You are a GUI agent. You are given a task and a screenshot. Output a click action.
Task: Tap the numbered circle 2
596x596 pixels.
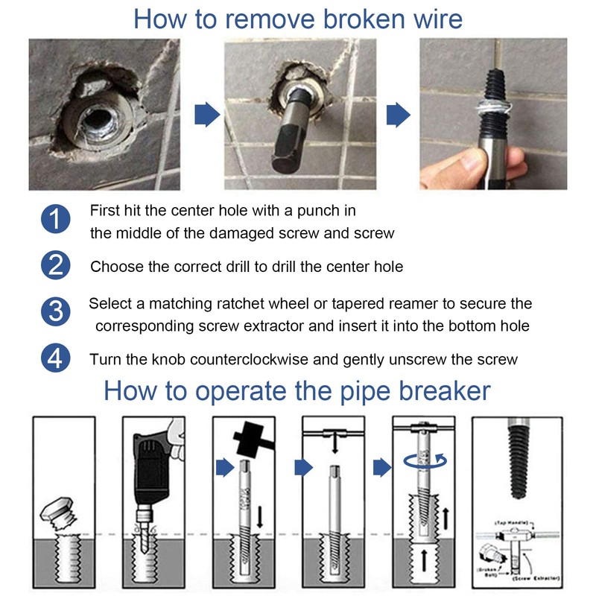(x=55, y=265)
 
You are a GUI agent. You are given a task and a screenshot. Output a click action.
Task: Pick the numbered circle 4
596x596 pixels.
(x=55, y=358)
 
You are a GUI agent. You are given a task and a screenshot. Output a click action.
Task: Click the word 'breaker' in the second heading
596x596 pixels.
(x=438, y=390)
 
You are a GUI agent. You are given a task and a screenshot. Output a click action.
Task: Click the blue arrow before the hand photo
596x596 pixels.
(x=398, y=114)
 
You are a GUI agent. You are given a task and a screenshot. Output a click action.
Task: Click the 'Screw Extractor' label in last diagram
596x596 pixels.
(x=535, y=576)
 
